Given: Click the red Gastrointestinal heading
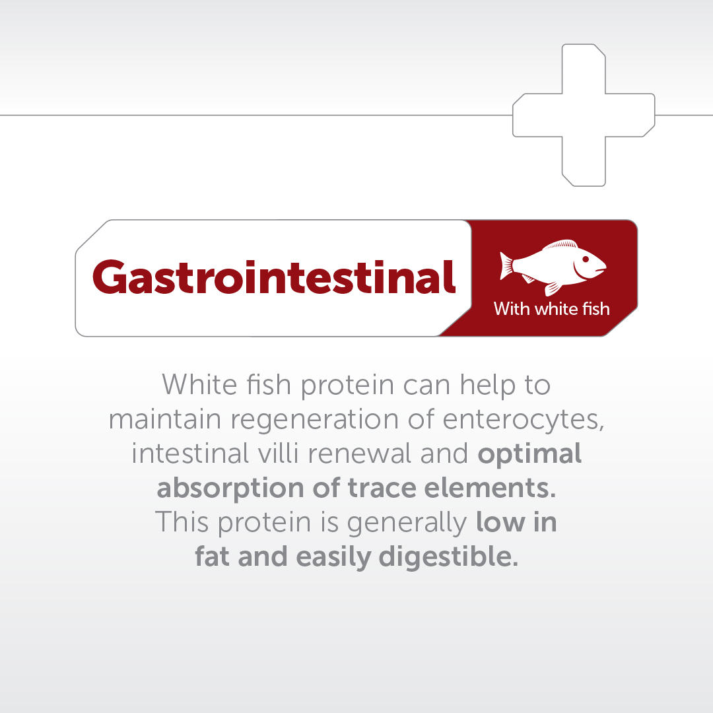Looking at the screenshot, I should click(x=274, y=277).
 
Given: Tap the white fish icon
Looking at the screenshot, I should click(x=553, y=266).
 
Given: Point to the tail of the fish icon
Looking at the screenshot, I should click(x=507, y=265).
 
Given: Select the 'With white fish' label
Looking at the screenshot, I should click(x=551, y=308).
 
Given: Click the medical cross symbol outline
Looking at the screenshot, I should click(x=584, y=115).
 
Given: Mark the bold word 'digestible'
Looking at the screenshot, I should click(x=448, y=558).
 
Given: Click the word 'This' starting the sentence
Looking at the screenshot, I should click(x=180, y=522).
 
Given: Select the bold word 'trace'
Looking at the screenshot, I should click(x=383, y=488).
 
